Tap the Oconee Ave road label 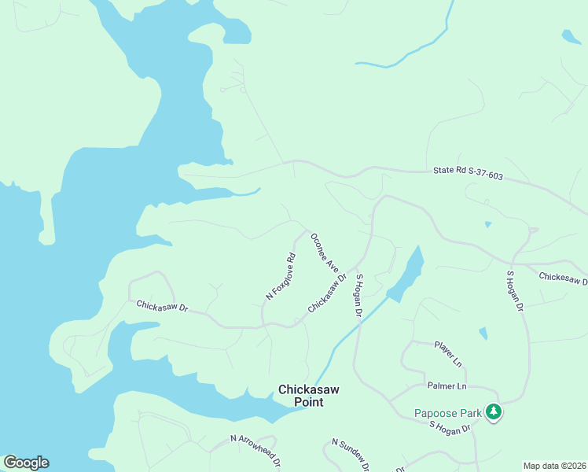324,253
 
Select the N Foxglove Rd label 280,276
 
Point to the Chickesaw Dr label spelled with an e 563,278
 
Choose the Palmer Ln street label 447,386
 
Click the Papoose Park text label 448,413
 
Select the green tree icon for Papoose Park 494,411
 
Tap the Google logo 26,463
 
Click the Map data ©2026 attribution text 554,466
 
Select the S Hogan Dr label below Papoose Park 449,427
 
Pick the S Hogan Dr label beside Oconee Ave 358,295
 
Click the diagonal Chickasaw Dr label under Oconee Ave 327,293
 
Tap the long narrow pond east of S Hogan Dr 406,275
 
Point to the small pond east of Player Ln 483,334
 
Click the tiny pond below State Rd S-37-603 488,225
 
